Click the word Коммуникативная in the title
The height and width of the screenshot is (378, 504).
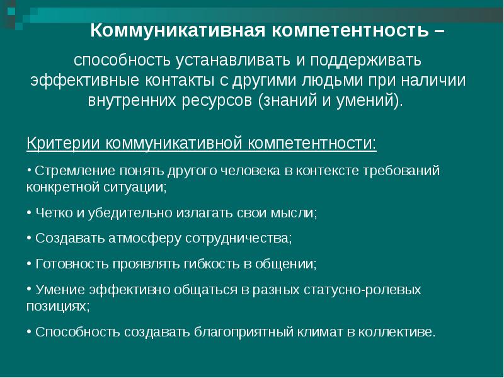[178, 31]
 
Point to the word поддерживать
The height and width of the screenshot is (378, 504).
[366, 60]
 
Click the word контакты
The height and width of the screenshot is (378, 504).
[180, 81]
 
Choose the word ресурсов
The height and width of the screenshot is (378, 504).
[217, 101]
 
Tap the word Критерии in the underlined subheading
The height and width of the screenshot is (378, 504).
[63, 143]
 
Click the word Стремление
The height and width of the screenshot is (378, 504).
[74, 171]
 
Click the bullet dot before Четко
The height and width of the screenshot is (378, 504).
[29, 213]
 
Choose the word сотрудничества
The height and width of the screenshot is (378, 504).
[239, 239]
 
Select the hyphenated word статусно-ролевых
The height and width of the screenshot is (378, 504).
[362, 290]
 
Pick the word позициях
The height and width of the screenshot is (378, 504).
[58, 307]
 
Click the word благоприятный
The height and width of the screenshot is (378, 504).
[244, 333]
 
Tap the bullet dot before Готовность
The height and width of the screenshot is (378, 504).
[29, 264]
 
